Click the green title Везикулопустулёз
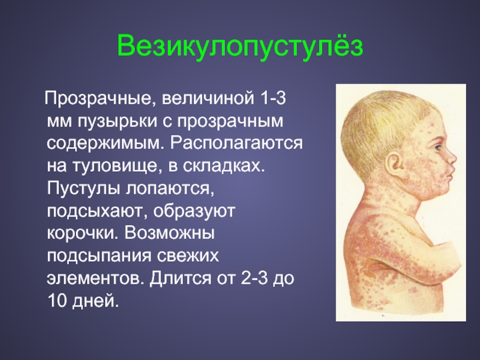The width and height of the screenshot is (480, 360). point(240,47)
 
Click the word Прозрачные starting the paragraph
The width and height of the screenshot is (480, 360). point(98,99)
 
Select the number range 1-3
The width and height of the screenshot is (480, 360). point(273,98)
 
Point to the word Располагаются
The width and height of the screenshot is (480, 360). point(236,143)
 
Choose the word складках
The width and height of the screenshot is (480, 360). point(223,166)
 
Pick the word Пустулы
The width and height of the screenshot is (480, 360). point(83,188)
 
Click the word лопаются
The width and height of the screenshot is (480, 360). point(170,188)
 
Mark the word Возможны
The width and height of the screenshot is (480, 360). point(169,233)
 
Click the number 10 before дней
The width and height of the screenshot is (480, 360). point(57,301)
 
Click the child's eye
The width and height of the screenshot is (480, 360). point(437,148)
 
